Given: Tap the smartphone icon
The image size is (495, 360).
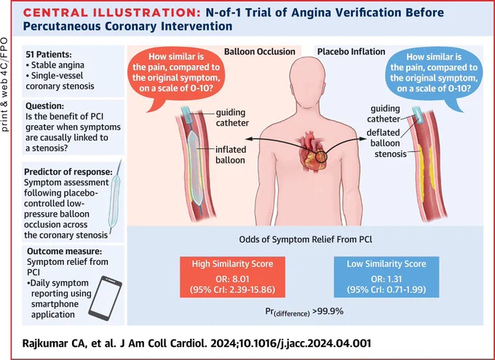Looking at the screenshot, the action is click(105, 298).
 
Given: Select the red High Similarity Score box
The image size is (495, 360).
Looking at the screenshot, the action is click(232, 277).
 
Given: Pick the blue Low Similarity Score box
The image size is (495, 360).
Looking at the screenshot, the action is click(387, 277).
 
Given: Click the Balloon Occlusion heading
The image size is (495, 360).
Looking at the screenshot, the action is click(260, 52).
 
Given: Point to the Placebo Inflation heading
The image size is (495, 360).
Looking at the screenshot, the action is click(351, 52).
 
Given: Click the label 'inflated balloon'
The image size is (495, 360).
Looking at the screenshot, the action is click(231, 155).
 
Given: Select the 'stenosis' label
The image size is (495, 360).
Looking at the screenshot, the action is click(390, 154).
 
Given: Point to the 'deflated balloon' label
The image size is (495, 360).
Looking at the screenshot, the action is click(383, 138).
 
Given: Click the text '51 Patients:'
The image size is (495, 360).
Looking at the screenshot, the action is click(49, 55).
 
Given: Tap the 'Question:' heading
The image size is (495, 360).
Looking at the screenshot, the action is click(44, 106).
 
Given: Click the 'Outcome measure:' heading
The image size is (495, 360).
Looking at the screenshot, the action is click(64, 252).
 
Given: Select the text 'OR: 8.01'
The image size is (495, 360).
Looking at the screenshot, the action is click(232, 279).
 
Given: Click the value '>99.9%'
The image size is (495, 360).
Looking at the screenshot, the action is click(328, 311).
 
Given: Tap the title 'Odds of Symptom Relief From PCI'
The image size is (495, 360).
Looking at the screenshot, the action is click(306, 239).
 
